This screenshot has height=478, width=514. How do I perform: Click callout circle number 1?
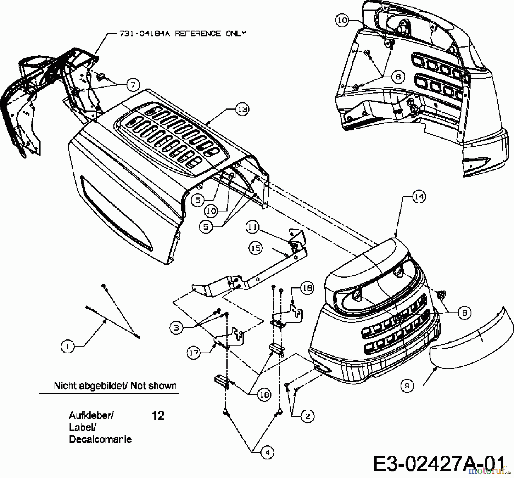tap(68, 347)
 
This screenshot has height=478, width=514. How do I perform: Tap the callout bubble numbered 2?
tap(308, 416)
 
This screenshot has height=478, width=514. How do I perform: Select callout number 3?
tap(176, 328)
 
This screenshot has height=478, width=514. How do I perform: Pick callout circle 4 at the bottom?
tap(267, 453)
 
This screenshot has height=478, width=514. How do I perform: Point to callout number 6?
tap(399, 77)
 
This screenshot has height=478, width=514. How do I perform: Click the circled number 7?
tap(133, 85)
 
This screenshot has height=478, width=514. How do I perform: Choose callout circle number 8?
tap(465, 313)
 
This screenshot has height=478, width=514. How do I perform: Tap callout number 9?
tap(407, 386)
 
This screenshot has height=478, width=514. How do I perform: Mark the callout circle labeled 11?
tap(253, 227)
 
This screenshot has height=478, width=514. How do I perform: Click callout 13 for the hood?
tap(242, 109)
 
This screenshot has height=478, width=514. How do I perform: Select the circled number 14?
tap(419, 197)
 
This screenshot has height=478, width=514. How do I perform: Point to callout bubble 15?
tap(256, 248)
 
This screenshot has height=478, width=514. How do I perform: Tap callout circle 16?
tap(264, 395)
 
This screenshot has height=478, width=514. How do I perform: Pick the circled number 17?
tap(194, 353)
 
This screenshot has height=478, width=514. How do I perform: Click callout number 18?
tap(307, 288)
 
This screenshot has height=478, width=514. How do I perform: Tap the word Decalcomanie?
tap(100, 439)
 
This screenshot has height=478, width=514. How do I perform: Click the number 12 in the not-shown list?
tap(158, 416)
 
